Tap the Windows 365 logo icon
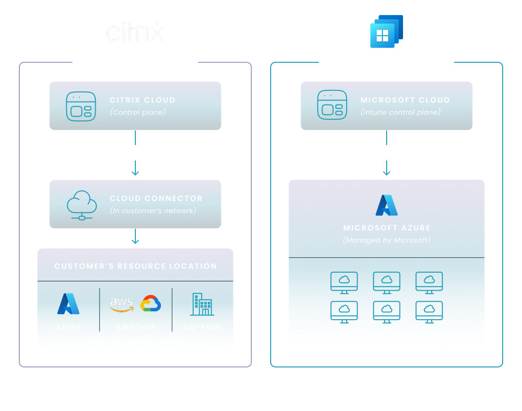tap(386, 31)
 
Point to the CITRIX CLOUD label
tap(142, 100)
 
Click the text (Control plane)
tap(138, 112)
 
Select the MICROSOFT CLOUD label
tap(405, 100)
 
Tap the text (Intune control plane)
tap(401, 112)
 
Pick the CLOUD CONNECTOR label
tap(156, 198)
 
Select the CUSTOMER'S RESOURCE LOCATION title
tap(135, 266)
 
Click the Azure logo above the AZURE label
tap(69, 304)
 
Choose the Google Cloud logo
tap(150, 304)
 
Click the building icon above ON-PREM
tap(202, 304)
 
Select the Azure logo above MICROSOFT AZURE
tap(387, 205)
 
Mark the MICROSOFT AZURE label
tap(387, 228)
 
